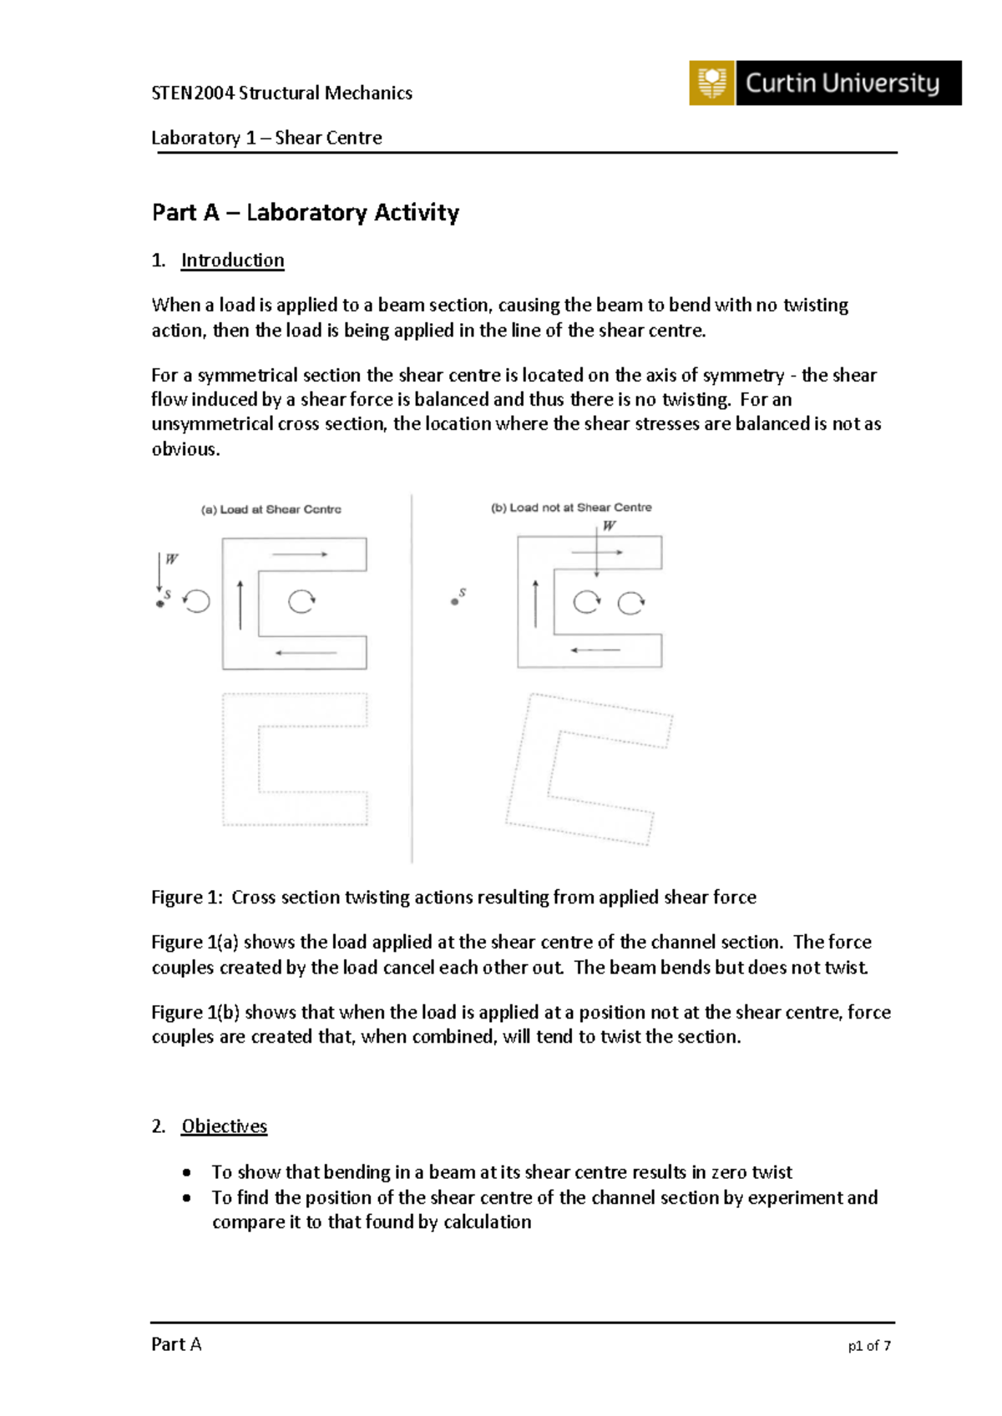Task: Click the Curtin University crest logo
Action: pyautogui.click(x=711, y=83)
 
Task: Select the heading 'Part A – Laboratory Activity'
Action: pyautogui.click(x=305, y=213)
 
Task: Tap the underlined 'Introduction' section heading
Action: pyautogui.click(x=232, y=260)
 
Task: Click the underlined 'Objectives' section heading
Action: pyautogui.click(x=224, y=1126)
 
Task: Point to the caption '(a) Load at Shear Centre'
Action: pyautogui.click(x=271, y=509)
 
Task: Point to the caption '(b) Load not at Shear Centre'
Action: pyautogui.click(x=571, y=508)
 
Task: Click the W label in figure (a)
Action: pyautogui.click(x=171, y=559)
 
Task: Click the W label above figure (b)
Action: pyautogui.click(x=609, y=526)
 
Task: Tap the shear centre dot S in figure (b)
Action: pyautogui.click(x=455, y=601)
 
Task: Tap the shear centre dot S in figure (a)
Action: pyautogui.click(x=160, y=604)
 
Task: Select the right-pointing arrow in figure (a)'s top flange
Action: pyautogui.click(x=299, y=554)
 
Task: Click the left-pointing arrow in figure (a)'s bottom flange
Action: pyautogui.click(x=306, y=653)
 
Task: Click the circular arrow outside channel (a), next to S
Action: pyautogui.click(x=197, y=601)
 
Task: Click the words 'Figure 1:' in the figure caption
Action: pyautogui.click(x=186, y=898)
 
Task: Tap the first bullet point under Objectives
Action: pyautogui.click(x=187, y=1172)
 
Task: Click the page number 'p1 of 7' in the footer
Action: pyautogui.click(x=869, y=1346)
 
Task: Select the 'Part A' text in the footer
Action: pyautogui.click(x=176, y=1344)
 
